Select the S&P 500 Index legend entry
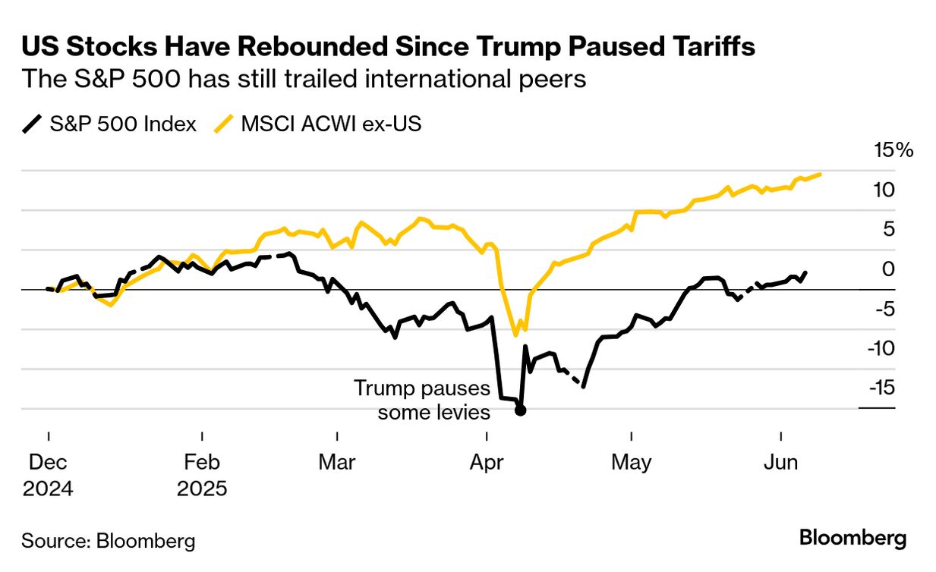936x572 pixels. [110, 124]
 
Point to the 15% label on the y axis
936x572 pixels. [894, 150]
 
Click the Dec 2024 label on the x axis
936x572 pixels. [48, 474]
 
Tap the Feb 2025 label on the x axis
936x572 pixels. [202, 474]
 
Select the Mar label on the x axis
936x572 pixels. [336, 461]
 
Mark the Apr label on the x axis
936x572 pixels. [487, 461]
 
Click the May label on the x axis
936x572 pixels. [632, 461]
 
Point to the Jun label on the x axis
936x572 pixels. [780, 461]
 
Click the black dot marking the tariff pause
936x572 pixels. [520, 410]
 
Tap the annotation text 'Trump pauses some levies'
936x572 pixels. [423, 401]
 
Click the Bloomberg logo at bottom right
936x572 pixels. [852, 539]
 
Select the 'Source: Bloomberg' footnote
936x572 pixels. [108, 541]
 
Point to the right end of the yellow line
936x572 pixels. [821, 174]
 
